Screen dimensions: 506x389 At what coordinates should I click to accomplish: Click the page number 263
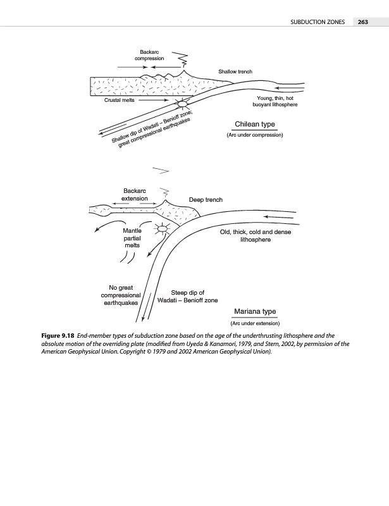[362, 22]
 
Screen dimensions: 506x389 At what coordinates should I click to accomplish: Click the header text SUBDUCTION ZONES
[317, 22]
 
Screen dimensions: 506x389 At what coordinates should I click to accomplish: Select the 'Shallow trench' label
[235, 71]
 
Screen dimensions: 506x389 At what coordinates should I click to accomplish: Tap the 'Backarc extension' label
[133, 194]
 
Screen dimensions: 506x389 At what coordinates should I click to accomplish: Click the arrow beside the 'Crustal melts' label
[154, 100]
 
